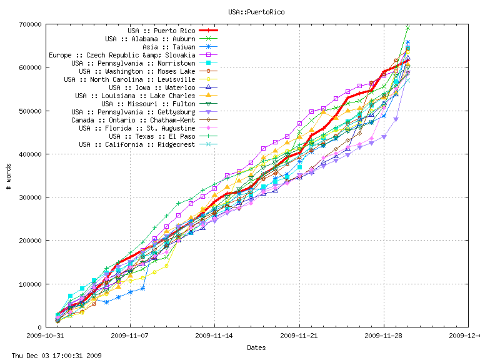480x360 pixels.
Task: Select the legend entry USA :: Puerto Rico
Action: coord(161,31)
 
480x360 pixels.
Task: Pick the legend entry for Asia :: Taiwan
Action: coord(169,47)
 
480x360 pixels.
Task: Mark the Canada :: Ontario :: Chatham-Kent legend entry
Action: coord(133,120)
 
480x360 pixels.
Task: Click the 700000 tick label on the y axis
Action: coord(29,24)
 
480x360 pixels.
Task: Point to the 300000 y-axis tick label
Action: coord(29,197)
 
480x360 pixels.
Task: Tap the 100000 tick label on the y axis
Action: coord(29,284)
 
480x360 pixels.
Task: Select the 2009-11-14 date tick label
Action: coord(214,336)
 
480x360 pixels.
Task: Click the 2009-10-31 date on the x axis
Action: coord(45,336)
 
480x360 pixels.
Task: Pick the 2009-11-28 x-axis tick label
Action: coord(384,336)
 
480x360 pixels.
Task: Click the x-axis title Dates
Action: coord(256,347)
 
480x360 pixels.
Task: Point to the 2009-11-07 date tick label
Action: coord(130,336)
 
